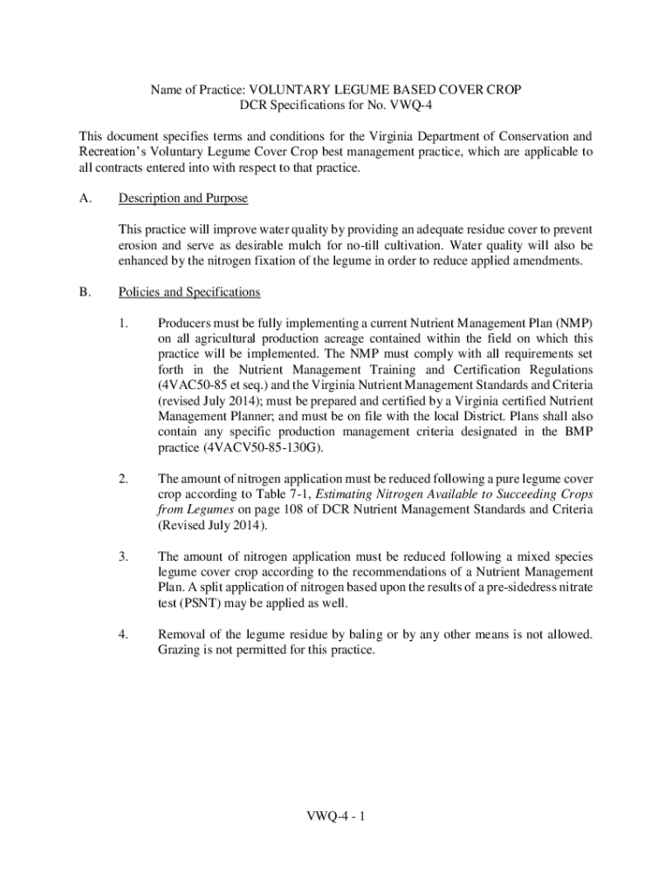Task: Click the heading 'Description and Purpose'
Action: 182,199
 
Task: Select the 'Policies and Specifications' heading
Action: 189,292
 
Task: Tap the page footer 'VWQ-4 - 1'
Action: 335,817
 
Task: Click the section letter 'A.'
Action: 85,199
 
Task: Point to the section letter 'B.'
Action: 85,292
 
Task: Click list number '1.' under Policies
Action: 123,324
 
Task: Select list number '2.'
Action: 123,479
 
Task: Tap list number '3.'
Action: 123,556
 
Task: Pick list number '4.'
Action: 123,633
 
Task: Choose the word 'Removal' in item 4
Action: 181,633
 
